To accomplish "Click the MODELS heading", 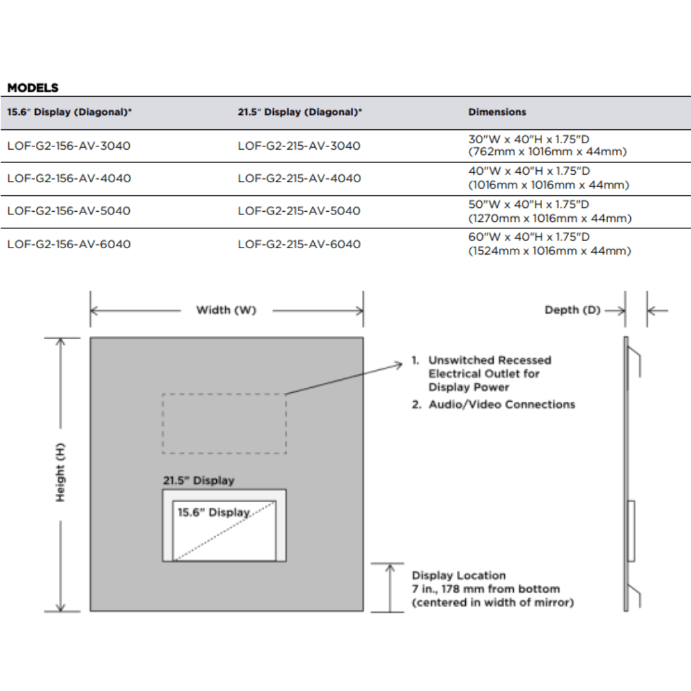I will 33,88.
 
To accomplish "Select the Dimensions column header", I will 497,112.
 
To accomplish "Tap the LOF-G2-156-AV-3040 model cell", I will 69,146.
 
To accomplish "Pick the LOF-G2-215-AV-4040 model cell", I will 299,179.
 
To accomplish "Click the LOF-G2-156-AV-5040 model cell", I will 69,211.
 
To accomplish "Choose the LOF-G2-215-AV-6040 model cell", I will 299,244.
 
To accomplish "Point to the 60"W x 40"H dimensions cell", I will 549,244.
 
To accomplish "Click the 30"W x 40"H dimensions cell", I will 547,145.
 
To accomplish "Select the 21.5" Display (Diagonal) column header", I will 299,112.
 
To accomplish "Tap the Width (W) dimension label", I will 226,310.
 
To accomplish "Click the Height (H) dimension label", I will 61,473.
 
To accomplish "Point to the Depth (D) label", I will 573,310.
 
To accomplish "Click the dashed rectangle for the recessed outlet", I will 224,424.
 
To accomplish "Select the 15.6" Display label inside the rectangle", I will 213,512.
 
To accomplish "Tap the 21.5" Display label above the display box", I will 198,481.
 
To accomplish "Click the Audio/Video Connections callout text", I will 501,404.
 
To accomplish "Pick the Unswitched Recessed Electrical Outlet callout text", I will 489,374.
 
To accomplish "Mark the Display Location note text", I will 492,589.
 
